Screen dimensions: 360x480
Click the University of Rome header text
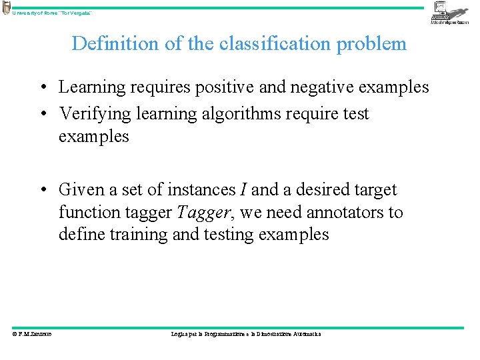click(51, 13)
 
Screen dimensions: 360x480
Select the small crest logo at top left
click(6, 8)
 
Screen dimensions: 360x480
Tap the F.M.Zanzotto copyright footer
click(31, 334)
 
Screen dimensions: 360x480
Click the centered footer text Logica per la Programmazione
click(246, 334)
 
